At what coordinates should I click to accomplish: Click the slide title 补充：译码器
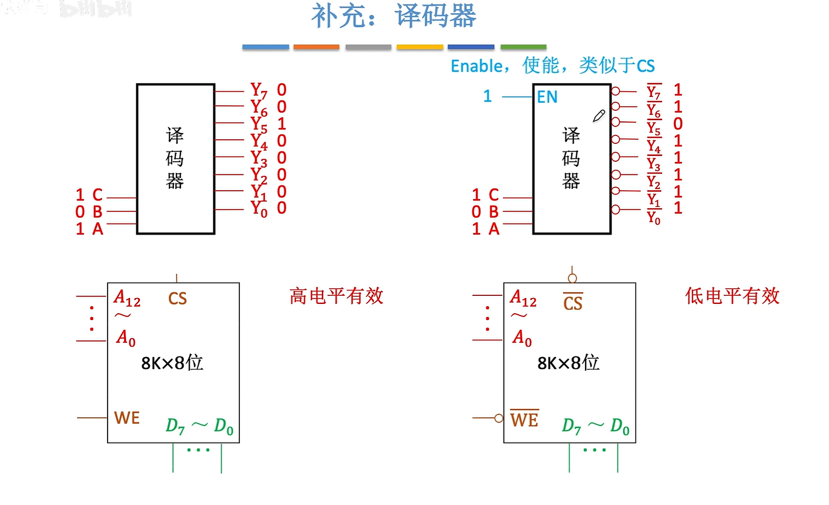coord(394,16)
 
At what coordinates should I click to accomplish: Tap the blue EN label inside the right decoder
coord(547,97)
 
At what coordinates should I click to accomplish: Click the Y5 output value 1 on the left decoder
coord(282,124)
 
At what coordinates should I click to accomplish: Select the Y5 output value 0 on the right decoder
coord(678,124)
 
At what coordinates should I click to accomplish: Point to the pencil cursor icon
coord(599,116)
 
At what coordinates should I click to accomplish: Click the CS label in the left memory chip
coord(177,299)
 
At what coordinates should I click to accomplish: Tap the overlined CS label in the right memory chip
coord(573,303)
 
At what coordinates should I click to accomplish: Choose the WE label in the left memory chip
coord(127,418)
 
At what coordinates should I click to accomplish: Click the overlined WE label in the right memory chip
coord(524,419)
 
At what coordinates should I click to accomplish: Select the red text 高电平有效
coord(336,296)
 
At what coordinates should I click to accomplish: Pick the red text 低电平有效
coord(732,296)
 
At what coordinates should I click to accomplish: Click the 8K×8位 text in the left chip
coord(172,363)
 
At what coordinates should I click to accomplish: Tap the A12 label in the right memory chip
coord(523,298)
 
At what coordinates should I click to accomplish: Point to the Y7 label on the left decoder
coord(258,91)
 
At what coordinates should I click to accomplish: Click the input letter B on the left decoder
coord(98,212)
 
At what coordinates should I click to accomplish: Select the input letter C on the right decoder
coord(493,195)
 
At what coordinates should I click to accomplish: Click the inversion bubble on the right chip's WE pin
coord(498,418)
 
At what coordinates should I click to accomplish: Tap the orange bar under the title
coord(316,47)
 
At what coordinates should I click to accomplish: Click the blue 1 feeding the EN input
coord(487,96)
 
